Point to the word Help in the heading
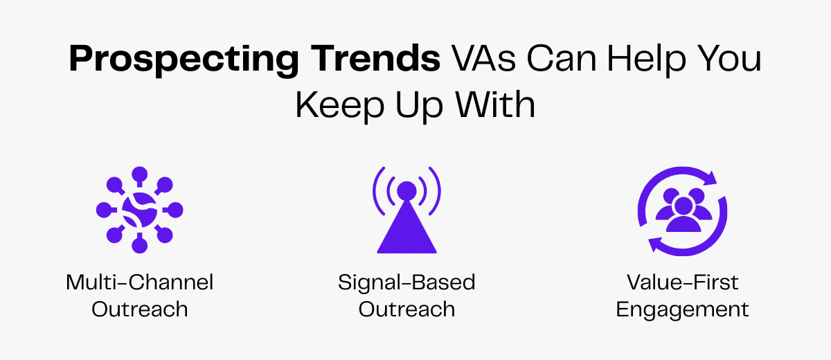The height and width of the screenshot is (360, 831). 654,61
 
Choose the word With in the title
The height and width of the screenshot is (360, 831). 494,105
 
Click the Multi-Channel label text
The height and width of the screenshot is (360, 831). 139,282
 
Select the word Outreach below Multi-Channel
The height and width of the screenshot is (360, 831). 139,309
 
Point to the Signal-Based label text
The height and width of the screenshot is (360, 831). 406,282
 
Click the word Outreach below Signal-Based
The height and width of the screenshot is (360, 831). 406,309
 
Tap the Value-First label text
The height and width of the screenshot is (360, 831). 682,282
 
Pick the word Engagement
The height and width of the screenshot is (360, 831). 682,309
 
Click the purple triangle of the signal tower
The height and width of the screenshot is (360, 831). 406,232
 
